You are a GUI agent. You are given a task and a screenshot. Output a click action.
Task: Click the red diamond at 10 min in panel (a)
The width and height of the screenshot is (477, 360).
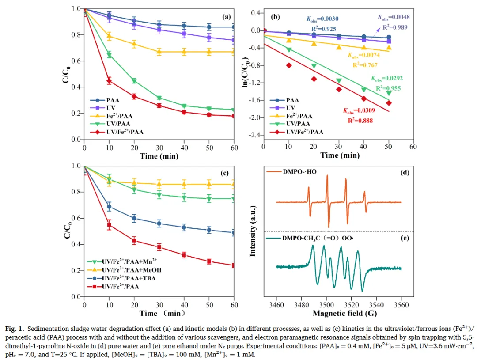(109, 81)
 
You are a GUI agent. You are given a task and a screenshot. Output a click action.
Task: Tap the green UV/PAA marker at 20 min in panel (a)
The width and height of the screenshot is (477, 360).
(134, 81)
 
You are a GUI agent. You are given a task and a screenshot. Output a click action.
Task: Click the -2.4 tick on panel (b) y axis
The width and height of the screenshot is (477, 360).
(254, 135)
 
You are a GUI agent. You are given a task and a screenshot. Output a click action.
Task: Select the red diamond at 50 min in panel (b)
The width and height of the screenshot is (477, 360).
(389, 103)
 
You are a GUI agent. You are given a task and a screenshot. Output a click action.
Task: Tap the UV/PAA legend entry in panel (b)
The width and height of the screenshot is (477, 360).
(298, 125)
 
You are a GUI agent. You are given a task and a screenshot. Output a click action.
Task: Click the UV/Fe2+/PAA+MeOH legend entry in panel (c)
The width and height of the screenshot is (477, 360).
(126, 269)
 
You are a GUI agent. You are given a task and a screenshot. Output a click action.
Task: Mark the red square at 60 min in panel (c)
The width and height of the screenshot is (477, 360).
(235, 265)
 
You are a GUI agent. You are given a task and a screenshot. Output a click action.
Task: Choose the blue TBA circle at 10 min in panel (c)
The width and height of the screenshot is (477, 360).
(109, 206)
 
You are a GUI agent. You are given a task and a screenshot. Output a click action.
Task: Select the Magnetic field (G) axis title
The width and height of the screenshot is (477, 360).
(339, 313)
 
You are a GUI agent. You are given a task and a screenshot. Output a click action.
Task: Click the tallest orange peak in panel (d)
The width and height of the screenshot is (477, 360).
(327, 176)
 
